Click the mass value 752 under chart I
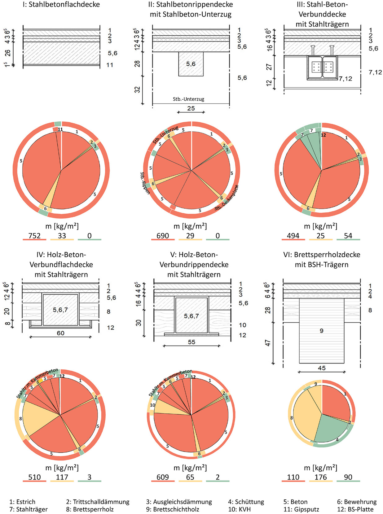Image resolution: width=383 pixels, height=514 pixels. click(34, 236)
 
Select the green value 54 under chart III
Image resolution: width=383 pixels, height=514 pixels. click(348, 236)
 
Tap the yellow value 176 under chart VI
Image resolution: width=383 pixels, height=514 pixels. click(321, 477)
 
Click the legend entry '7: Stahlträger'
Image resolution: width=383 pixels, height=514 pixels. click(29, 509)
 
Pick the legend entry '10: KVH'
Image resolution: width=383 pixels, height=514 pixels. click(240, 509)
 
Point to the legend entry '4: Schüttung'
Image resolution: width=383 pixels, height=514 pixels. click(246, 502)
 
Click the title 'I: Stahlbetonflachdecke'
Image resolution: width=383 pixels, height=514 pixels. click(61, 4)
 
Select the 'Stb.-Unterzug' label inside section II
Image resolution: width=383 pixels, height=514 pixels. click(188, 99)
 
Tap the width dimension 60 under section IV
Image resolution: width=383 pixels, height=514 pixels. click(60, 333)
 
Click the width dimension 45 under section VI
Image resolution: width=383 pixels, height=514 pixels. click(322, 368)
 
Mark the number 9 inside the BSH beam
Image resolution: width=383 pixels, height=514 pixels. click(321, 331)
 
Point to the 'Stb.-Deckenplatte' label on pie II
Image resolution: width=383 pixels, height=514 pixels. click(227, 198)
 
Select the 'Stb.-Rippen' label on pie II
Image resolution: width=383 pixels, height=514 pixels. click(145, 183)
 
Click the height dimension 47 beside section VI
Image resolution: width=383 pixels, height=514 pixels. click(268, 343)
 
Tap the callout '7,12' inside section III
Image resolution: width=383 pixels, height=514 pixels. click(345, 79)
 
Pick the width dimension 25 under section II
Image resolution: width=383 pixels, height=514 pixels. click(191, 108)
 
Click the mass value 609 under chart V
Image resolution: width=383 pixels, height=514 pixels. click(163, 477)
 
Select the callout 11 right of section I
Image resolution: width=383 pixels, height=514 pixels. click(110, 65)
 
